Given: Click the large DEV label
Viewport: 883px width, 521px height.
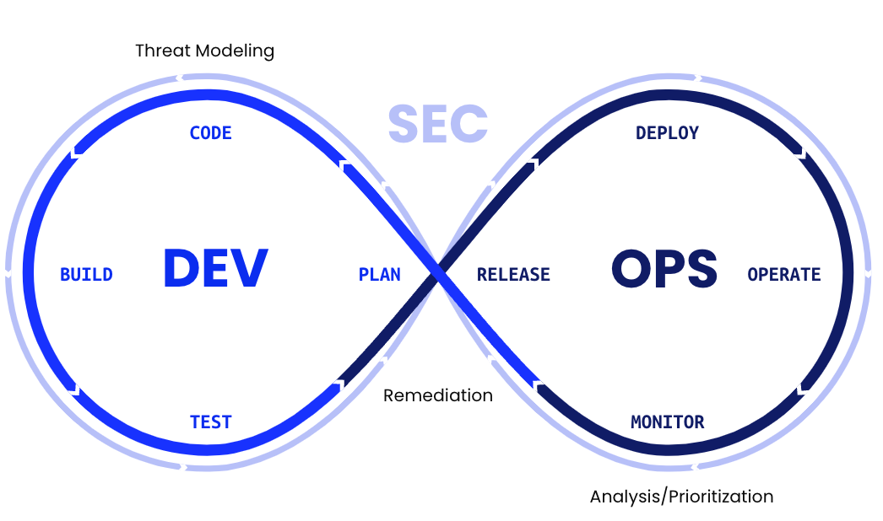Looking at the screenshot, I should (x=215, y=269).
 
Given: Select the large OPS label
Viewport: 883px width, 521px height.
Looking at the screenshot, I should (x=664, y=269).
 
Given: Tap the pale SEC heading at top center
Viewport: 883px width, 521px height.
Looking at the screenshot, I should (x=438, y=123).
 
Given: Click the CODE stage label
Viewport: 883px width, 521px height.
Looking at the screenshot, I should (x=210, y=133).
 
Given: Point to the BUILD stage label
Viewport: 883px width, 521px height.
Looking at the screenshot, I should (x=86, y=275).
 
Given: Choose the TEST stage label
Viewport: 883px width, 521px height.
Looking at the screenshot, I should (x=210, y=422).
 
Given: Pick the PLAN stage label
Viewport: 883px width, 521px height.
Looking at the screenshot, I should (x=380, y=275).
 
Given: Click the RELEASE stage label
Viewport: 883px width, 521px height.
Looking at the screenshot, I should (x=513, y=275).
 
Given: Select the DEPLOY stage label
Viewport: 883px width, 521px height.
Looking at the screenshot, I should (x=667, y=133).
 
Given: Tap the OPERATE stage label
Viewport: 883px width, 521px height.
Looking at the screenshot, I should (x=784, y=275).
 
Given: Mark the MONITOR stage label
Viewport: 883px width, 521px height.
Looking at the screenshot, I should (x=667, y=422).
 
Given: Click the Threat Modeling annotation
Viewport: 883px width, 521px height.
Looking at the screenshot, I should (x=205, y=51).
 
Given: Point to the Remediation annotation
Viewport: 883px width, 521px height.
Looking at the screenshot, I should (x=438, y=395).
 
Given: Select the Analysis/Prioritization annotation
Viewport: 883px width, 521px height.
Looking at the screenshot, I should (x=681, y=496).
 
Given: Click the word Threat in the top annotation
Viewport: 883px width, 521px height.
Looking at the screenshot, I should (x=164, y=51).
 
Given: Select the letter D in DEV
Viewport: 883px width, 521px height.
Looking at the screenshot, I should (x=181, y=269).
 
